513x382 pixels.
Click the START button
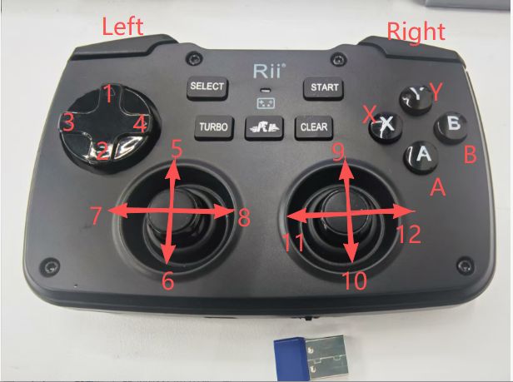pyautogui.click(x=323, y=88)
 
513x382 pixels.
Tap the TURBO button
pyautogui.click(x=214, y=127)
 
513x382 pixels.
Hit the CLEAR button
pyautogui.click(x=314, y=127)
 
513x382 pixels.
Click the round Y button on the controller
pyautogui.click(x=416, y=98)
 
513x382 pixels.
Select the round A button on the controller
pyautogui.click(x=421, y=156)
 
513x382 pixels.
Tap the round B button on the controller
pyautogui.click(x=451, y=127)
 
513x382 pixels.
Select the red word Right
pyautogui.click(x=416, y=32)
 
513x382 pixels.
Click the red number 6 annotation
pyautogui.click(x=168, y=281)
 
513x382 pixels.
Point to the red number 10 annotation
pyautogui.click(x=355, y=281)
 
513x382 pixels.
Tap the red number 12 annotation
pyautogui.click(x=408, y=234)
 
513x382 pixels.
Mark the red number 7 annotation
pyautogui.click(x=96, y=216)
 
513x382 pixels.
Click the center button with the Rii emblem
pyautogui.click(x=264, y=127)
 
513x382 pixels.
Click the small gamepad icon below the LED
pyautogui.click(x=266, y=103)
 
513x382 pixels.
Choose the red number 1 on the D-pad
pyautogui.click(x=108, y=93)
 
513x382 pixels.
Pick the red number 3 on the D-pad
pyautogui.click(x=68, y=122)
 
